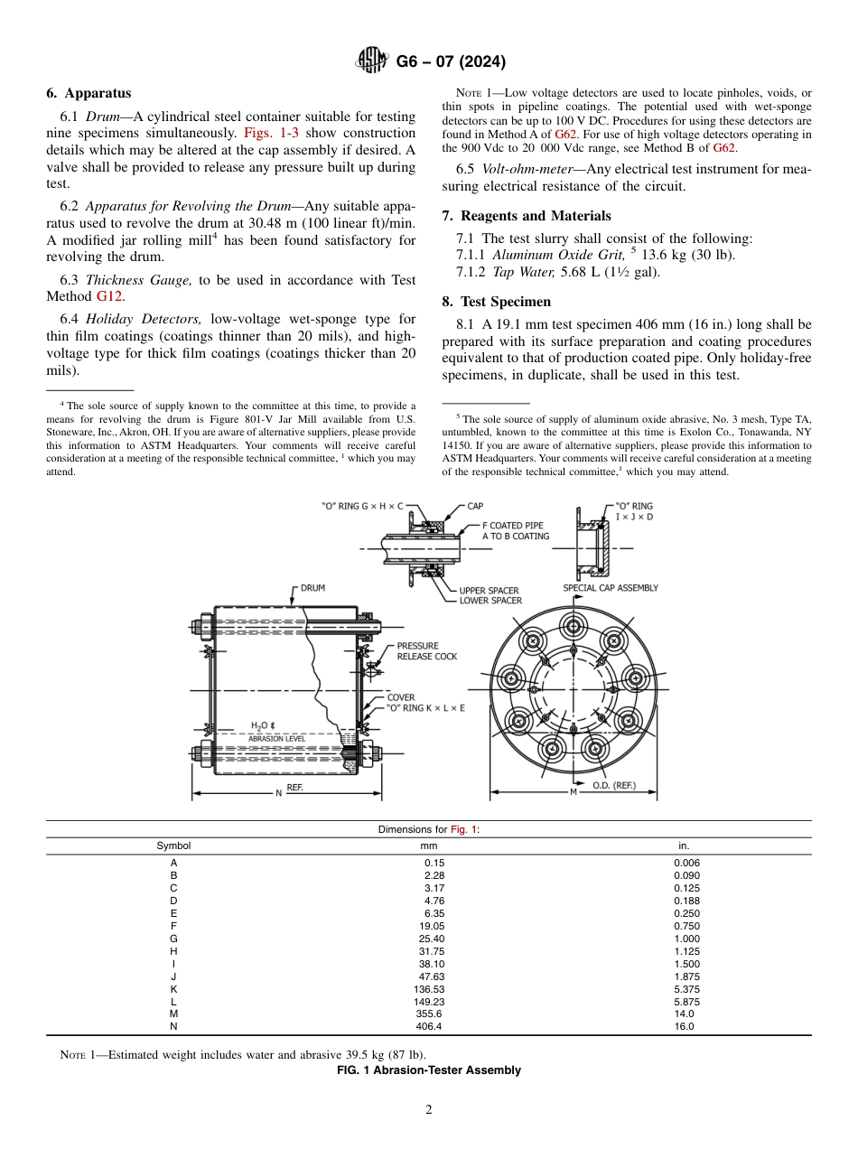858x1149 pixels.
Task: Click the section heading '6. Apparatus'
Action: pyautogui.click(x=89, y=93)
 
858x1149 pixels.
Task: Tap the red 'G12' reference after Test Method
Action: pyautogui.click(x=109, y=295)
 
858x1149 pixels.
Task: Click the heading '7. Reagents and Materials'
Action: pyautogui.click(x=527, y=215)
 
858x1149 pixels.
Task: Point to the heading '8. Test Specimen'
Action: pyautogui.click(x=496, y=301)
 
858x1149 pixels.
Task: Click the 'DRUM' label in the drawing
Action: pyautogui.click(x=312, y=588)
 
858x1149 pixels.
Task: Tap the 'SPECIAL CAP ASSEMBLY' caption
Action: pyautogui.click(x=611, y=588)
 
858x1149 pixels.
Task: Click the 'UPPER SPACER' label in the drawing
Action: pyautogui.click(x=490, y=591)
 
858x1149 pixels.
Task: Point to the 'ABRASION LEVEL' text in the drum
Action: pyautogui.click(x=276, y=738)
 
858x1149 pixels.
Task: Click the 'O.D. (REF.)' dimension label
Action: pyautogui.click(x=613, y=785)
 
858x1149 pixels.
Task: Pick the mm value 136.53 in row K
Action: pyautogui.click(x=429, y=989)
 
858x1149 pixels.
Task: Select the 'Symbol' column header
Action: pyautogui.click(x=173, y=845)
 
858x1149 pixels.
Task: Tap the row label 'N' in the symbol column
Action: pyautogui.click(x=173, y=1026)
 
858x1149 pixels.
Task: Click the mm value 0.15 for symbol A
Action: pyautogui.click(x=434, y=863)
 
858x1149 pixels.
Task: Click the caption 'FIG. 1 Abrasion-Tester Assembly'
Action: pyautogui.click(x=429, y=1070)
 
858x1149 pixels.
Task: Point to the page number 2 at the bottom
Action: pyautogui.click(x=429, y=1110)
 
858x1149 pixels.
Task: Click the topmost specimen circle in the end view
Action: pyautogui.click(x=573, y=626)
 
